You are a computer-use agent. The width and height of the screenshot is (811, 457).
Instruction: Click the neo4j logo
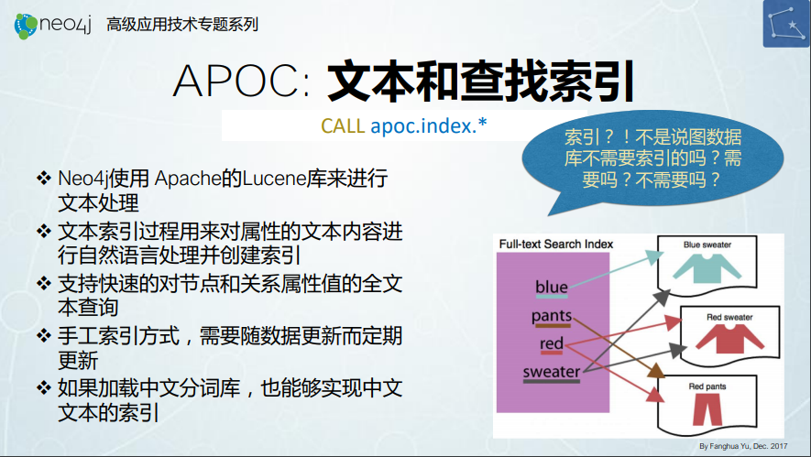53,25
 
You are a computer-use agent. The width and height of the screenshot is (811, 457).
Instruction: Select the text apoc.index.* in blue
429,125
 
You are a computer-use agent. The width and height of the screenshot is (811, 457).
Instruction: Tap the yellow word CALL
343,125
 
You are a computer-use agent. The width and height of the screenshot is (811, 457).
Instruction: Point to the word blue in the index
552,287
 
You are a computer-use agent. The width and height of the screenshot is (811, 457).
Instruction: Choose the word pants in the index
552,316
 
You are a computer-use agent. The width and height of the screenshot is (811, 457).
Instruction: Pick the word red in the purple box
552,343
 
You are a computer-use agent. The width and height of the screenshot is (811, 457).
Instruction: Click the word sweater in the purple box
552,371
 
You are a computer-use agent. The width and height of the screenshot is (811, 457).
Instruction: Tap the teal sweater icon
707,267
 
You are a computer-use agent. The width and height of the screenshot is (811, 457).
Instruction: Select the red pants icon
707,409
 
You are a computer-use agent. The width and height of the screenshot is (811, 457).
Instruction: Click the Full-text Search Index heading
556,244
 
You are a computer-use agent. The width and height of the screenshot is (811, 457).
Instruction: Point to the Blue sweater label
707,245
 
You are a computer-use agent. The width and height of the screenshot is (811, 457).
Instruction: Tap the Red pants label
707,386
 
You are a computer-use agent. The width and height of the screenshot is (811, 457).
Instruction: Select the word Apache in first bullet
188,179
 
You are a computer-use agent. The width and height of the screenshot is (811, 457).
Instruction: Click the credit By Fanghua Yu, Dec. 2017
743,446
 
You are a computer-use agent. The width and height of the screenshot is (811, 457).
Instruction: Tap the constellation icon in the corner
786,24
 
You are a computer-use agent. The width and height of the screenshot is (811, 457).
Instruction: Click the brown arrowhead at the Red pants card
656,371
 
